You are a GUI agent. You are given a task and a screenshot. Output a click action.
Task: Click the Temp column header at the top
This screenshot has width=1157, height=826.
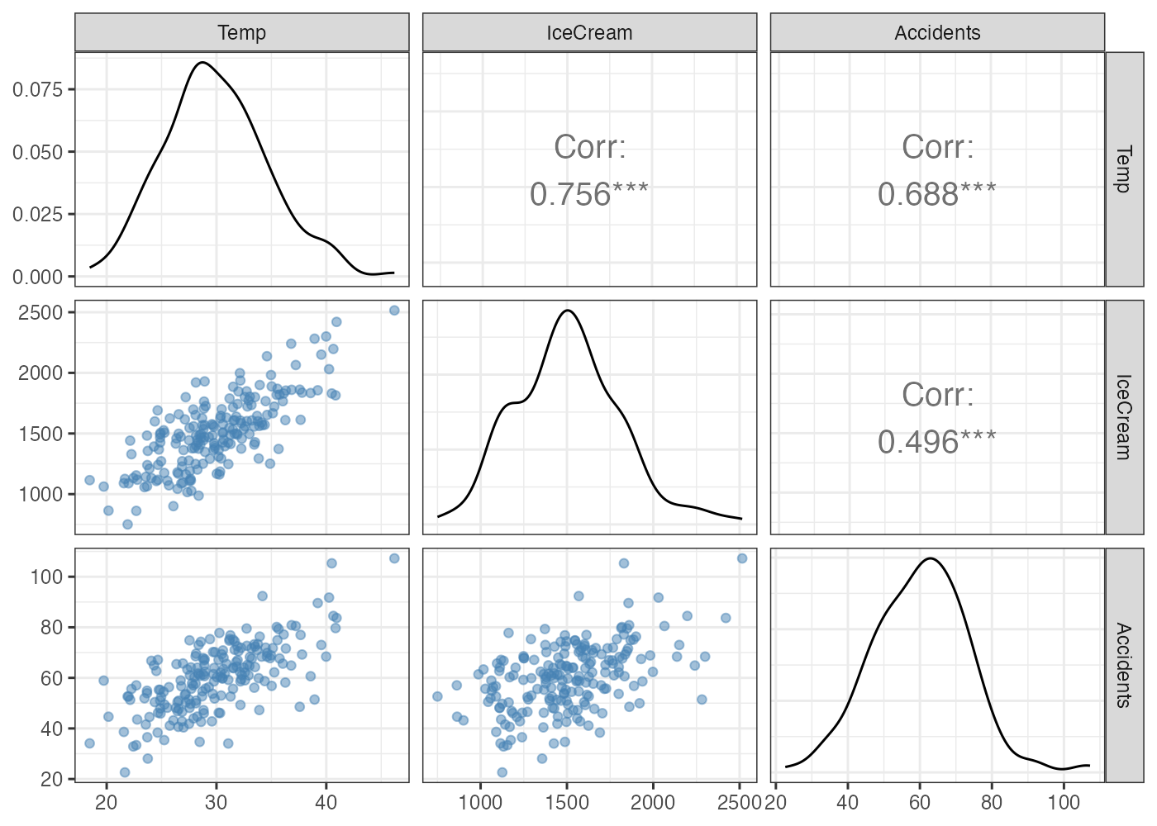[241, 33]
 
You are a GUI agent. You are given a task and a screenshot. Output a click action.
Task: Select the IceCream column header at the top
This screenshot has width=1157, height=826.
[589, 33]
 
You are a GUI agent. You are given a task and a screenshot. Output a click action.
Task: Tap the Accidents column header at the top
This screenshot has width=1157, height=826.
[937, 33]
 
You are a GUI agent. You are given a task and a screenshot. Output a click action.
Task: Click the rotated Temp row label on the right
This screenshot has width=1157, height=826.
[1124, 169]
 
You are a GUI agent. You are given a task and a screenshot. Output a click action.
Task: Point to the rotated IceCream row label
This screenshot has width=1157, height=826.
[1124, 417]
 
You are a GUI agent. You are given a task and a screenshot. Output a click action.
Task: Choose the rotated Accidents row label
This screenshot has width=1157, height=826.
[1124, 665]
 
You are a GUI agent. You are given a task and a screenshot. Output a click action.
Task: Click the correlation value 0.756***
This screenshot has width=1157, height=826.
[589, 194]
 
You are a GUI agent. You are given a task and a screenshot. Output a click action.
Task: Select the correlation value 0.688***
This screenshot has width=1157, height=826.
[937, 194]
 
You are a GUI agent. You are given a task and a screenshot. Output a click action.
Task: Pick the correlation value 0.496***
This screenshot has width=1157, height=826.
[937, 442]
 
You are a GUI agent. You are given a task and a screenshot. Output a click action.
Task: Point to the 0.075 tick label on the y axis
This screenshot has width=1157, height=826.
[37, 89]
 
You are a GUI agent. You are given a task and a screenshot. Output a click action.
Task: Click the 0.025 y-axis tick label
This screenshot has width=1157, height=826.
[37, 214]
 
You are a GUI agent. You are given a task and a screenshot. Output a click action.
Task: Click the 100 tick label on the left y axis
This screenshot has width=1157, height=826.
[47, 577]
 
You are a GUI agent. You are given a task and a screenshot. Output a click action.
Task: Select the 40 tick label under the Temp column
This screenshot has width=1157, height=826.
[326, 802]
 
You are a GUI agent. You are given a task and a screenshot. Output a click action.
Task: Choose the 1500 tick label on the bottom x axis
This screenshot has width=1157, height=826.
[567, 802]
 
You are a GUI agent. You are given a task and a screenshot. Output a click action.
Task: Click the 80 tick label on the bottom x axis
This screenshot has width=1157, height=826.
[992, 802]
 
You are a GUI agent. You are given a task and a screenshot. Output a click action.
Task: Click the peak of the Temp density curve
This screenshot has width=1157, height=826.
[201, 62]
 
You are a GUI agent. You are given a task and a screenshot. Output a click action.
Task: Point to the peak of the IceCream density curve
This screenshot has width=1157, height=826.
[568, 311]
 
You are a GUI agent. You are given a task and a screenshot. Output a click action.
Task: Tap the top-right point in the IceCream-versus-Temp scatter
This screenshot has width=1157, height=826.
[394, 311]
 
